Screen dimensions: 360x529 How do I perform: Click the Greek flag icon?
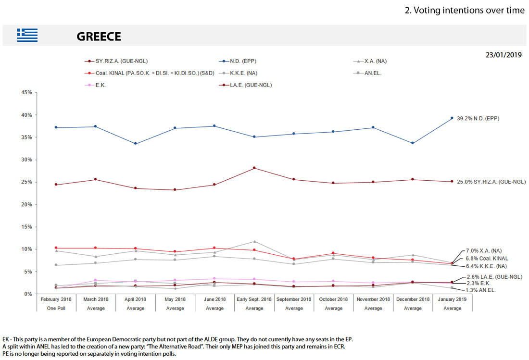tap(27, 36)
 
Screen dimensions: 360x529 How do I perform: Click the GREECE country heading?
tap(99, 37)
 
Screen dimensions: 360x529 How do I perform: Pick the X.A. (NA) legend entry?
tap(375, 61)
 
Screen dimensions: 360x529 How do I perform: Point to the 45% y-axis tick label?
tap(26, 93)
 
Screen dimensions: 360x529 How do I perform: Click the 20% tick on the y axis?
tap(26, 205)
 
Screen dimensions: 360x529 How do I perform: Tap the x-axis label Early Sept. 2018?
tap(254, 299)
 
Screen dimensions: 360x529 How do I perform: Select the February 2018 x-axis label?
tap(56, 299)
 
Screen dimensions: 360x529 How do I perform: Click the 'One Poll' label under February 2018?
tap(56, 308)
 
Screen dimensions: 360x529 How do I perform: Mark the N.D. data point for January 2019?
tap(452, 118)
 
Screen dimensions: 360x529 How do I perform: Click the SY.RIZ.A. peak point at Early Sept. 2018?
tap(254, 168)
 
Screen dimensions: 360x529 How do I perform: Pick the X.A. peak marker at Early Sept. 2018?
tap(254, 241)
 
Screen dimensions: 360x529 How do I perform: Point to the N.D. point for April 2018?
tap(136, 143)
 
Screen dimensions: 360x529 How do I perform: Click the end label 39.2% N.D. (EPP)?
tap(478, 118)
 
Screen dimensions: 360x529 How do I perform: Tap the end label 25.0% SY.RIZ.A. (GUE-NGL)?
tap(491, 182)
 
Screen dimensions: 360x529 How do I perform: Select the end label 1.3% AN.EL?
tap(481, 290)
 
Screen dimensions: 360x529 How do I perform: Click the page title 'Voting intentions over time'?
tap(465, 10)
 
